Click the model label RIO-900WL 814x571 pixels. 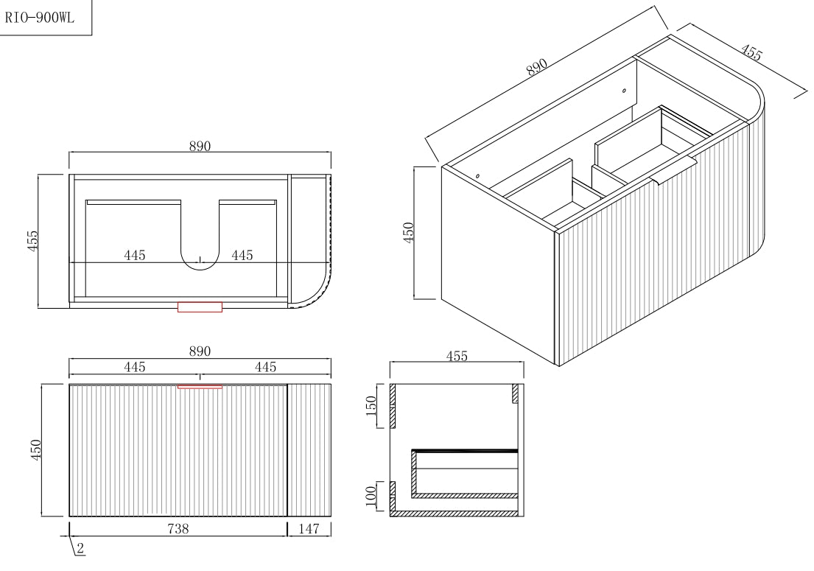(40, 19)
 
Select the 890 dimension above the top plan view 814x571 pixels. (200, 146)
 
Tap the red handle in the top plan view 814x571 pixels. (200, 306)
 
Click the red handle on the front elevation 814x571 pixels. (200, 385)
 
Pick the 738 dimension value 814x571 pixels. (178, 528)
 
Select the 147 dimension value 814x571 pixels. (309, 528)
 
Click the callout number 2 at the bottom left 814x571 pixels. (80, 549)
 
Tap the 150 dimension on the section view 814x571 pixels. (372, 405)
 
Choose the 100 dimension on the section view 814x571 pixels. (372, 494)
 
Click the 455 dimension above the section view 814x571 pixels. (457, 356)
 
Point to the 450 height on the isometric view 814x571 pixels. (410, 232)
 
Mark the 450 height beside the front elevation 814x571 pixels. (36, 449)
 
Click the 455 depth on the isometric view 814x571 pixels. (751, 52)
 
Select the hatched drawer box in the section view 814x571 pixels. (464, 475)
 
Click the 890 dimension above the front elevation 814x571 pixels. (200, 351)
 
